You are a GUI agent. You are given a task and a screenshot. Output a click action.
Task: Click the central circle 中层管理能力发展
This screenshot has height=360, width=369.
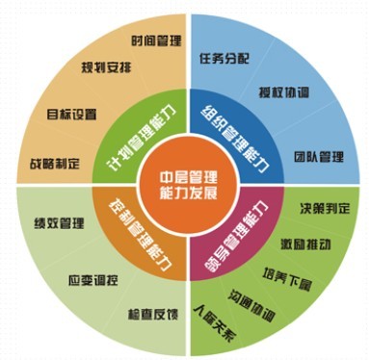click(x=184, y=179)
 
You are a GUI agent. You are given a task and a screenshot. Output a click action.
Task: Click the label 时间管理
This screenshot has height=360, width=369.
click(x=158, y=42)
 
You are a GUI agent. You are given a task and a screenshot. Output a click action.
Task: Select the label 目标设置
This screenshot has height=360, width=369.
click(x=72, y=114)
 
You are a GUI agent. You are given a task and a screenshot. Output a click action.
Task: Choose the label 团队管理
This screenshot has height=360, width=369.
click(x=319, y=155)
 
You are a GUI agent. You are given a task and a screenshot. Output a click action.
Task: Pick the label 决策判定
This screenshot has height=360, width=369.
click(x=322, y=205)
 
